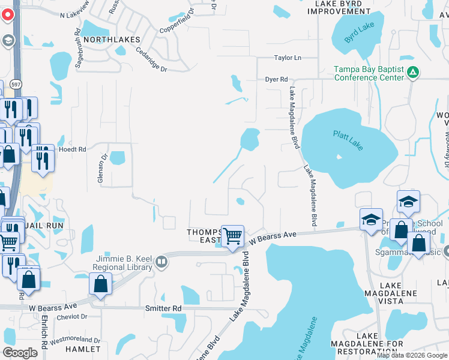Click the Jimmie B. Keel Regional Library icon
coord(161,262)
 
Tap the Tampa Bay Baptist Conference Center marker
coord(412,73)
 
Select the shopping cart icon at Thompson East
coord(232,235)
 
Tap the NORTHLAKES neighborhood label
coord(112,39)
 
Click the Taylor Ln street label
coord(287,58)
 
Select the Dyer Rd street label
coord(277,79)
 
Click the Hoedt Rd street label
coord(73,149)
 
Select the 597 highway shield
coord(16,85)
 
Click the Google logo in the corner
coord(20,352)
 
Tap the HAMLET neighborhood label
coord(83,349)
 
